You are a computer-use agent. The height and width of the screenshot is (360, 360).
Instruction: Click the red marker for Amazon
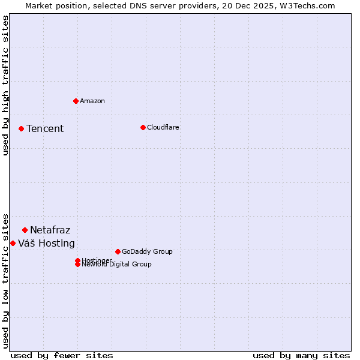pyautogui.click(x=76, y=101)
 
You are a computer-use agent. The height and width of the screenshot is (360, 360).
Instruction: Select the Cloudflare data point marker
pyautogui.click(x=143, y=127)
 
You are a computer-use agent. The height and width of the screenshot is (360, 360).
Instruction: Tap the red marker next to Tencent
pyautogui.click(x=21, y=128)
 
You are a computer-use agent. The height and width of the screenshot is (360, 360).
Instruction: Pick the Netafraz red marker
pyautogui.click(x=25, y=230)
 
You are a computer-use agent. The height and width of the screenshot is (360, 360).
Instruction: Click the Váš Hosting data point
pyautogui.click(x=13, y=243)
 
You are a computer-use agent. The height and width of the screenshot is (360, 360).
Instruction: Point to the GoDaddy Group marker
pyautogui.click(x=118, y=251)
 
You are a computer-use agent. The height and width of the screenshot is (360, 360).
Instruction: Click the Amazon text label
pyautogui.click(x=92, y=101)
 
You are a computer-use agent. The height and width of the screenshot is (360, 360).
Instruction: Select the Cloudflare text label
pyautogui.click(x=163, y=127)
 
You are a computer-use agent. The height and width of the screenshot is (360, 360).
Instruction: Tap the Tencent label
pyautogui.click(x=45, y=128)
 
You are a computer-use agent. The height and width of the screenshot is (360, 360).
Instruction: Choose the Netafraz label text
pyautogui.click(x=50, y=230)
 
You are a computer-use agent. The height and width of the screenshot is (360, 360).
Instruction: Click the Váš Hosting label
pyautogui.click(x=47, y=243)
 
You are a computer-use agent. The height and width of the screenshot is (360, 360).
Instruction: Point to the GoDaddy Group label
pyautogui.click(x=147, y=251)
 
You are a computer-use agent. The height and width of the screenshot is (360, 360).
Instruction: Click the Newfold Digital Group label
pyautogui.click(x=117, y=265)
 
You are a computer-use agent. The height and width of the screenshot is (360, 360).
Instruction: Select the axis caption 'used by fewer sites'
pyautogui.click(x=62, y=355)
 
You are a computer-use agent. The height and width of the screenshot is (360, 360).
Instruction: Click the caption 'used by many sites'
pyautogui.click(x=301, y=355)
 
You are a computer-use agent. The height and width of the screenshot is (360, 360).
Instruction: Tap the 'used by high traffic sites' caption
pyautogui.click(x=6, y=85)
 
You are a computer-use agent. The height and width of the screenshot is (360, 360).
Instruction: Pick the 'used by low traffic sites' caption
pyautogui.click(x=6, y=281)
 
